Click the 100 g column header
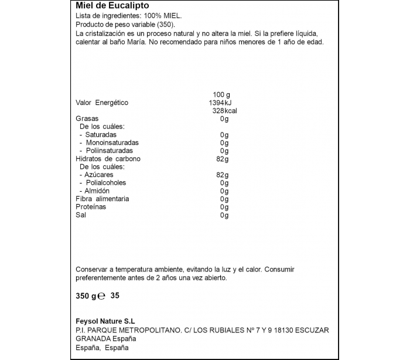coord(221,95)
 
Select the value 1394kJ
coord(220,103)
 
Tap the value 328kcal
coord(224,111)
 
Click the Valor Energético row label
coord(102,103)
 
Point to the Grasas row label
coord(87,118)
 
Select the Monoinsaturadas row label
coord(112,142)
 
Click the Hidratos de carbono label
coord(108,159)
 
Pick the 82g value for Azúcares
coord(222,175)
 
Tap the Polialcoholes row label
coord(105,183)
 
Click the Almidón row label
coord(97,191)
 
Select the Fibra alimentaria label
coord(102,199)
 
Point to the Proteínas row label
coord(91,207)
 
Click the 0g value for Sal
coord(224,215)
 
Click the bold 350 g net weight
coord(86,296)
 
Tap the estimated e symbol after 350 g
coord(101,297)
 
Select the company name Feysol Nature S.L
coord(105,321)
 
